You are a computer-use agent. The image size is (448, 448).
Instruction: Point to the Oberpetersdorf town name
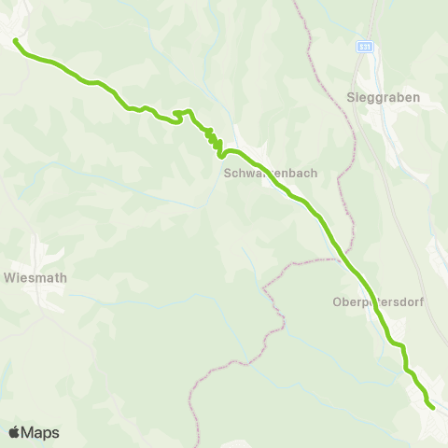pyautogui.click(x=371, y=301)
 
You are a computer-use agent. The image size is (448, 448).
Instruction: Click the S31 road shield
pyautogui.click(x=364, y=46)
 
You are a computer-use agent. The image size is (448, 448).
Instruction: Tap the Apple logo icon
pyautogui.click(x=15, y=432)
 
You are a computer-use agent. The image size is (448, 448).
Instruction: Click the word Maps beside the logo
pyautogui.click(x=40, y=432)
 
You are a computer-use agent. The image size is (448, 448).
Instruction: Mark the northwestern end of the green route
pyautogui.click(x=15, y=40)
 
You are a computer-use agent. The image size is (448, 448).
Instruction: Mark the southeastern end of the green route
pyautogui.click(x=433, y=407)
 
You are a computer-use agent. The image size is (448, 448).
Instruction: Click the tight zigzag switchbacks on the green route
pyautogui.click(x=215, y=142)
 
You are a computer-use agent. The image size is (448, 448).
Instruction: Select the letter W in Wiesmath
pyautogui.click(x=9, y=277)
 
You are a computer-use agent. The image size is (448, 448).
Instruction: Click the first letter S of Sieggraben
pyautogui.click(x=350, y=97)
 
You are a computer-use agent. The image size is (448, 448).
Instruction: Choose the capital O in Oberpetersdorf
pyautogui.click(x=338, y=301)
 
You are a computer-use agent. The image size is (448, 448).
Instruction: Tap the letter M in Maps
pyautogui.click(x=29, y=432)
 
